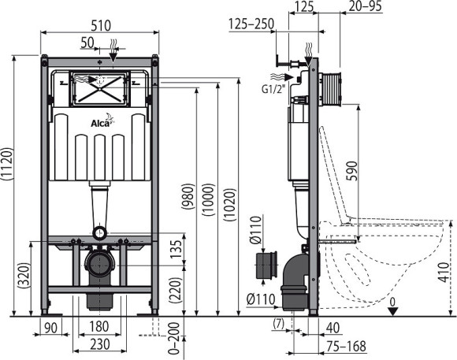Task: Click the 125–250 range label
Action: point(251,24)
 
